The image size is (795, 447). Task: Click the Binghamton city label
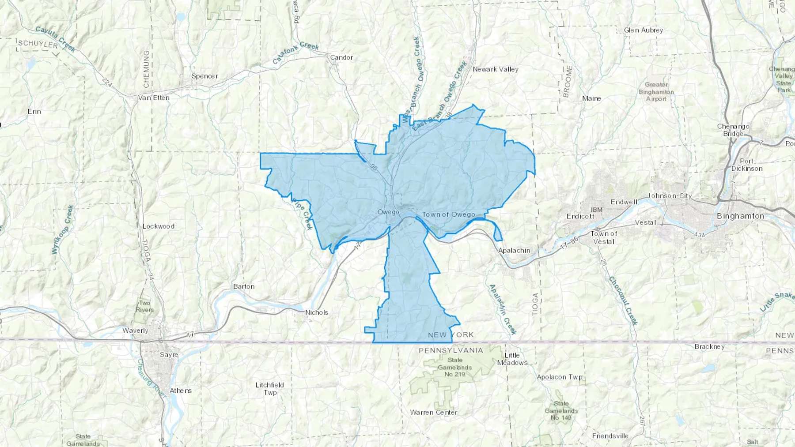pos(740,216)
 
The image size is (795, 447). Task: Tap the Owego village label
pos(388,212)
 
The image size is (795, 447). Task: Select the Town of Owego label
pos(448,214)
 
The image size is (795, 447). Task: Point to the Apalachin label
pos(514,250)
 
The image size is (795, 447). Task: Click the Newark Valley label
pos(496,69)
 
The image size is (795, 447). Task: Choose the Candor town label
pos(341,57)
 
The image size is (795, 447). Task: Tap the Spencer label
pos(205,76)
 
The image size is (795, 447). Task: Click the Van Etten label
pos(154,98)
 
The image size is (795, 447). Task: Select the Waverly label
pos(135,331)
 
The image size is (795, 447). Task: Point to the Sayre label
pos(169,355)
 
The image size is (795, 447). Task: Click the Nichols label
pos(317,312)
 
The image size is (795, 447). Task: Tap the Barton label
pos(244,286)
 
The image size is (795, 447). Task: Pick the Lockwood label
pos(159,226)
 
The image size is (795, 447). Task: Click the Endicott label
pos(580,216)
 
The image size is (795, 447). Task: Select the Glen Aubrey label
pos(644,30)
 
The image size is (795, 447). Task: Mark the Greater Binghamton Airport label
pos(656,92)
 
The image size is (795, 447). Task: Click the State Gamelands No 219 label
pos(455,367)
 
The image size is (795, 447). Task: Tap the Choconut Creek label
pos(623,301)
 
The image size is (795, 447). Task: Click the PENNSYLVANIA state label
pos(451,350)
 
